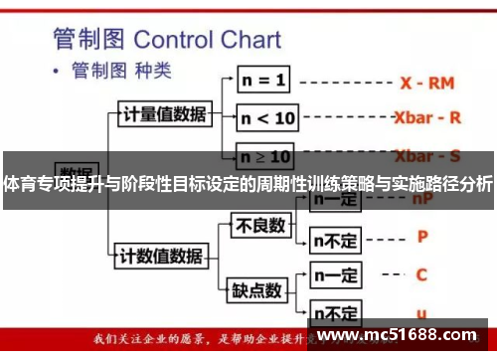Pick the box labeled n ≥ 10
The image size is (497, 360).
point(266,156)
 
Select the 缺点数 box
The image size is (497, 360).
point(257,290)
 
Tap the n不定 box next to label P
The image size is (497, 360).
point(335,240)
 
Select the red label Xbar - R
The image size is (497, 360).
point(427,117)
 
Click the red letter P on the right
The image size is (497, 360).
point(421,237)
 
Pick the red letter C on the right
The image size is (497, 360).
point(421,274)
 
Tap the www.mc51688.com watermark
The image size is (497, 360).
point(399,335)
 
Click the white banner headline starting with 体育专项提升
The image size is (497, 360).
point(248,184)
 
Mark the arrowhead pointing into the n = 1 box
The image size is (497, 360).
point(231,80)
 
